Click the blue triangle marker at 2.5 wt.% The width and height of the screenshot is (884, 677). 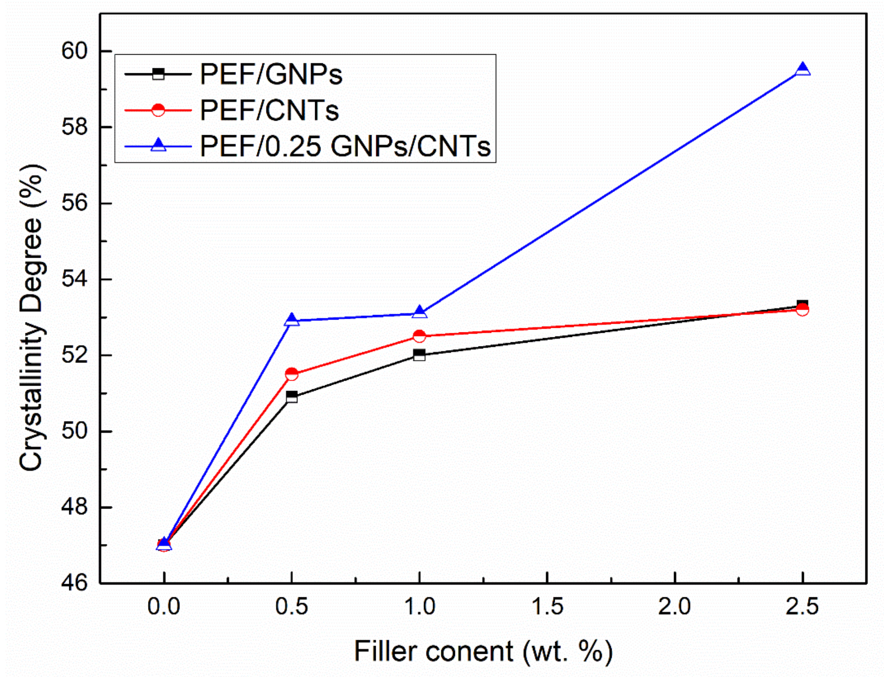tap(802, 69)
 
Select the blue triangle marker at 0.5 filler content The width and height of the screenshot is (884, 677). tap(291, 320)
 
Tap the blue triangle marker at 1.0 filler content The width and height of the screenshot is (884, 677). tap(419, 312)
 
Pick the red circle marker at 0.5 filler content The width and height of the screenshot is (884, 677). tap(291, 374)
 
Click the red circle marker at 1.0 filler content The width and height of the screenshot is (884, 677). tap(419, 336)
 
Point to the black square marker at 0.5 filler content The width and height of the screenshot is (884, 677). tap(291, 397)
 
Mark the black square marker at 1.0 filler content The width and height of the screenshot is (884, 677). tap(419, 355)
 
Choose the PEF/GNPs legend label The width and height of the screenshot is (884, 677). tap(271, 74)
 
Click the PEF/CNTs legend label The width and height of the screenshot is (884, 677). tap(269, 110)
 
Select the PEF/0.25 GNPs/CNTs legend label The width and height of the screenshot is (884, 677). tap(345, 146)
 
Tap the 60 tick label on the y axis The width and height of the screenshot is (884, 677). tap(74, 51)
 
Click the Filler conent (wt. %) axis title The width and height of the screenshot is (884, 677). tap(483, 651)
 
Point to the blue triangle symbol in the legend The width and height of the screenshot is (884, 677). tap(158, 145)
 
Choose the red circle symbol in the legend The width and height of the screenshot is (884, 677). tap(158, 110)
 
